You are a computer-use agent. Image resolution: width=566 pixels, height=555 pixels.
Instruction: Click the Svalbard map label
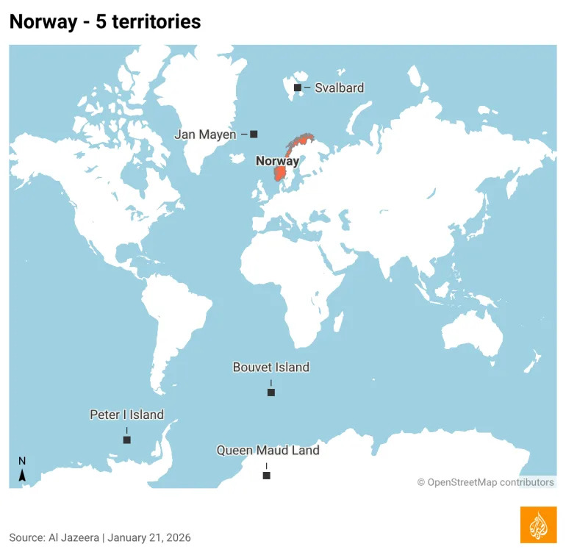pyautogui.click(x=339, y=87)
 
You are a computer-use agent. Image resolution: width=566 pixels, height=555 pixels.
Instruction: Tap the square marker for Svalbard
pyautogui.click(x=298, y=88)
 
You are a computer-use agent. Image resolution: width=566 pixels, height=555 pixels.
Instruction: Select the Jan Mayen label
pyautogui.click(x=205, y=135)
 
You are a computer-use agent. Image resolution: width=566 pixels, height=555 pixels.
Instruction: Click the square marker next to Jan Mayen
pyautogui.click(x=254, y=134)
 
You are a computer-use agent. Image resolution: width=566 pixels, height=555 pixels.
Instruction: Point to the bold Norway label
pyautogui.click(x=277, y=161)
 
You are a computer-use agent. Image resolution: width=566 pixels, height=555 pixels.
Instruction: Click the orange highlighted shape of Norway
pyautogui.click(x=280, y=173)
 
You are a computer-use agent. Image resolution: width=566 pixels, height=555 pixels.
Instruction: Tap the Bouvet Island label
pyautogui.click(x=271, y=367)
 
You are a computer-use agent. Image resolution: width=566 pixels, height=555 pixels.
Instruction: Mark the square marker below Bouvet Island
pyautogui.click(x=271, y=393)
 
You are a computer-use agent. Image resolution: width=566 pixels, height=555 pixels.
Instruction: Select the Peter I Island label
pyautogui.click(x=126, y=415)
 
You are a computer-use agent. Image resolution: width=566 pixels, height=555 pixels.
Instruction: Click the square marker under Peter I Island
pyautogui.click(x=126, y=440)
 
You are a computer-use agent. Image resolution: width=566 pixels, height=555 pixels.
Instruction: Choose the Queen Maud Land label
pyautogui.click(x=268, y=450)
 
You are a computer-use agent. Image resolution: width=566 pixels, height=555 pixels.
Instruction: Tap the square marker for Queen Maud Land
pyautogui.click(x=266, y=476)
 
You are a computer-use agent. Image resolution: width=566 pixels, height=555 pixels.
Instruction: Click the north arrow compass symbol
pyautogui.click(x=22, y=470)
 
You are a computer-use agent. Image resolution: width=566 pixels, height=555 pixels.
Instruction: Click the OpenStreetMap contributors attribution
pyautogui.click(x=486, y=482)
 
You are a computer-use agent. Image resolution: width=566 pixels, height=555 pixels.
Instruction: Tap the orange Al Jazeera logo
pyautogui.click(x=538, y=524)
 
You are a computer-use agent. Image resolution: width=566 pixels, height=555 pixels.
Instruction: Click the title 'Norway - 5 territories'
pyautogui.click(x=104, y=22)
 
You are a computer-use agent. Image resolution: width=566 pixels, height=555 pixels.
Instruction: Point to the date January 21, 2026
pyautogui.click(x=149, y=537)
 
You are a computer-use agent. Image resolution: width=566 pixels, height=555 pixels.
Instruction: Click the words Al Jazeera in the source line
pyautogui.click(x=74, y=537)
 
